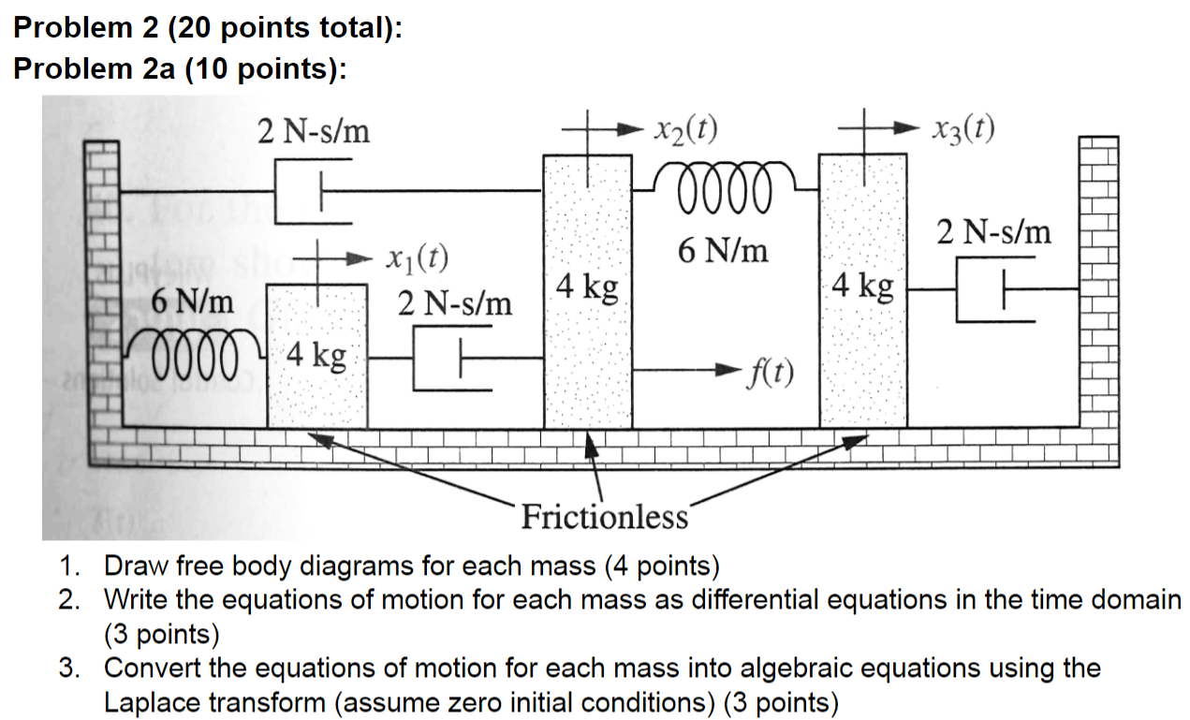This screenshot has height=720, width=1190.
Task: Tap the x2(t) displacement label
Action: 685,131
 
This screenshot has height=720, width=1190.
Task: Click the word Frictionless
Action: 604,516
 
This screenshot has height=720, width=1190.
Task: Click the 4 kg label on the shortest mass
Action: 316,357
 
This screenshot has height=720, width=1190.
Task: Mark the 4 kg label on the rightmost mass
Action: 863,285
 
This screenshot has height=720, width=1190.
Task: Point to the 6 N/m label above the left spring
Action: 193,303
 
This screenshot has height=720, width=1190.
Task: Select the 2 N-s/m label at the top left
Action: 315,133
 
